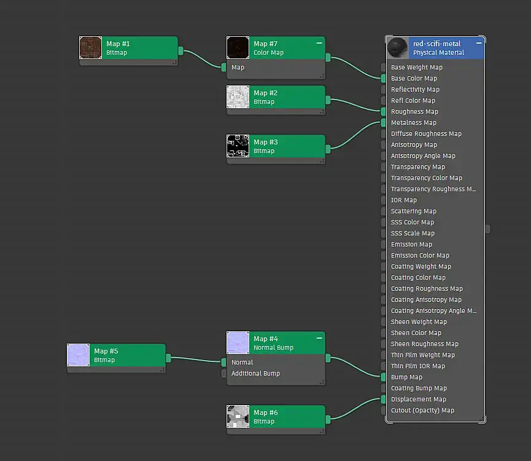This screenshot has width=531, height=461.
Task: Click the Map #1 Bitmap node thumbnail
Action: [91, 48]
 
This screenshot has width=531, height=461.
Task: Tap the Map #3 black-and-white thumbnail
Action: [238, 146]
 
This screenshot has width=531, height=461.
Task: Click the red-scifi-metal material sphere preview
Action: [398, 48]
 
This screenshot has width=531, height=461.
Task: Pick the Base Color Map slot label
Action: [414, 79]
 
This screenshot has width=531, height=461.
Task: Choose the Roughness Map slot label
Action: [414, 112]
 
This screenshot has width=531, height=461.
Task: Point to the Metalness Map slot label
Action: [414, 123]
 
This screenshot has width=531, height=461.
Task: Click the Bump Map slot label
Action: [406, 377]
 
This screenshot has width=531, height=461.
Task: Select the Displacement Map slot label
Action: [418, 400]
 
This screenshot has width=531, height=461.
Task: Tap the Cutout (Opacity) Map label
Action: [422, 411]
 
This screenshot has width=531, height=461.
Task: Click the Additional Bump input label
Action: [255, 374]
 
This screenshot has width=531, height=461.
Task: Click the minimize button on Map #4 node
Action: [319, 338]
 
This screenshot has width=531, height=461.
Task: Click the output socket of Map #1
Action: [181, 51]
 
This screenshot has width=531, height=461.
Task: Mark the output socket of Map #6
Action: [328, 419]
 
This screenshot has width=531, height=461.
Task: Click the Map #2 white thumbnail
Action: [238, 97]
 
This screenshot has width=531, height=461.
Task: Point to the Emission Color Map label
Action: [420, 256]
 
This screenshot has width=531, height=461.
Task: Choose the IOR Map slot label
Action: [403, 200]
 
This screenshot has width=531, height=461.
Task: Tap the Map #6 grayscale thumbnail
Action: [238, 417]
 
